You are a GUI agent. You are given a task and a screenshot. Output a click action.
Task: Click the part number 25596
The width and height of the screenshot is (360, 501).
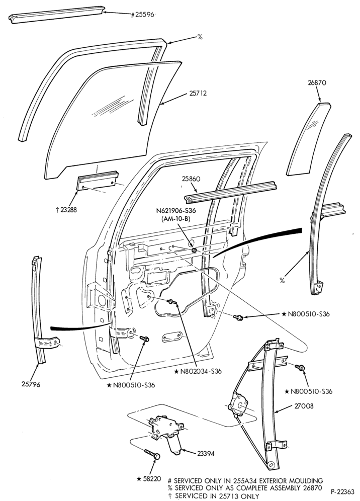point(143,15)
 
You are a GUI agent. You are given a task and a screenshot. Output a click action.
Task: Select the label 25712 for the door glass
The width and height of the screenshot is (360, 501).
point(198,93)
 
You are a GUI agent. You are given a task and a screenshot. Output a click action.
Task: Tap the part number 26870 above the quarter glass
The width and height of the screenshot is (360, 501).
point(317,83)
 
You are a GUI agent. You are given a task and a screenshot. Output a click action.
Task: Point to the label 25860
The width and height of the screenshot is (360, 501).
point(191,179)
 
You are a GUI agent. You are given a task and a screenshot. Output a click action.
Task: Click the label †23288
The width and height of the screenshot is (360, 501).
point(66,210)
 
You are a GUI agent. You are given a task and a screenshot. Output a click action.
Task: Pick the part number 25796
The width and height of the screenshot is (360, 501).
point(31,384)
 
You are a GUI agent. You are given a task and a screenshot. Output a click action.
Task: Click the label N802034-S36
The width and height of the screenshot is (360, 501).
point(198,371)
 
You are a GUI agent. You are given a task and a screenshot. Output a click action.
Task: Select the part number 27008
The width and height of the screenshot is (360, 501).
point(304,406)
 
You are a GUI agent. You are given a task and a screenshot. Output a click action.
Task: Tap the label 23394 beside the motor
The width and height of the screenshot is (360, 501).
point(206,453)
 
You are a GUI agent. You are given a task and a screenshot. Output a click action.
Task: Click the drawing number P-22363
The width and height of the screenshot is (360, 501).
point(342,491)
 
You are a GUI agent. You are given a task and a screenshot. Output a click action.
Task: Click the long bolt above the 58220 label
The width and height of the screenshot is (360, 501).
point(152,454)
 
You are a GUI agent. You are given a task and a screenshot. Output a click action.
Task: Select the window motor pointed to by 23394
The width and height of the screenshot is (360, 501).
point(167,434)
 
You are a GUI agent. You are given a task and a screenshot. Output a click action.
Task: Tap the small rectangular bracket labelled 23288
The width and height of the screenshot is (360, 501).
point(97,181)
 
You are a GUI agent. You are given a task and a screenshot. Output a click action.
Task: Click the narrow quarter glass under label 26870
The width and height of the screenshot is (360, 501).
point(309,139)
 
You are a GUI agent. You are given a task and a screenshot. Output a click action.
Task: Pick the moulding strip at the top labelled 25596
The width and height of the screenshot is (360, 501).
point(56,15)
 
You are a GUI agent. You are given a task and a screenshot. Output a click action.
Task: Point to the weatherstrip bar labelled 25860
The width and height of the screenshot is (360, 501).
point(230,192)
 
